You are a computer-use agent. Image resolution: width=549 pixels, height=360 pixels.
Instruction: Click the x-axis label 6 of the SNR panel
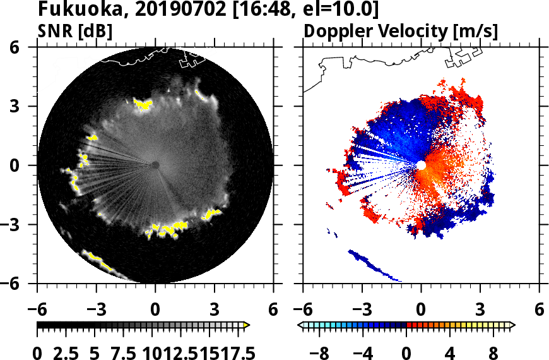tap(273, 311)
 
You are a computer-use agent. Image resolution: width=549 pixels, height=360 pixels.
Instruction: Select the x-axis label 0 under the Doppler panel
tap(421, 311)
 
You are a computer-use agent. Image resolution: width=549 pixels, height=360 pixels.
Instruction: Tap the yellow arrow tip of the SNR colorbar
tap(247, 325)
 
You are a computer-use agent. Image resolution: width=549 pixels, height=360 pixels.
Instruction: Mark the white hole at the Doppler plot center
tap(421, 165)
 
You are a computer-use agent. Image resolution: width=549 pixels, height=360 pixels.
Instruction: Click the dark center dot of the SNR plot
tap(155, 165)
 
